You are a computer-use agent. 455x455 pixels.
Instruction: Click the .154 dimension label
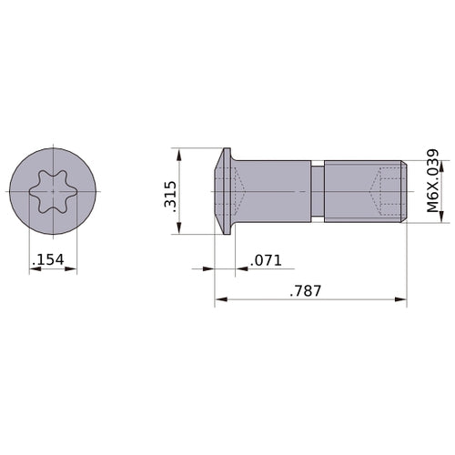click(x=46, y=261)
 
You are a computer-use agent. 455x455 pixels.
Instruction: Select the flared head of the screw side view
click(x=224, y=192)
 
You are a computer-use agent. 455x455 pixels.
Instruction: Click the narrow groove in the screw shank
click(x=317, y=192)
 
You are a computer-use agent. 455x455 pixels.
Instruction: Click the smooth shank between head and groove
click(x=273, y=192)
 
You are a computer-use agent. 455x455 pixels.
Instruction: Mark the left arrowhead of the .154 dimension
click(x=34, y=270)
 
